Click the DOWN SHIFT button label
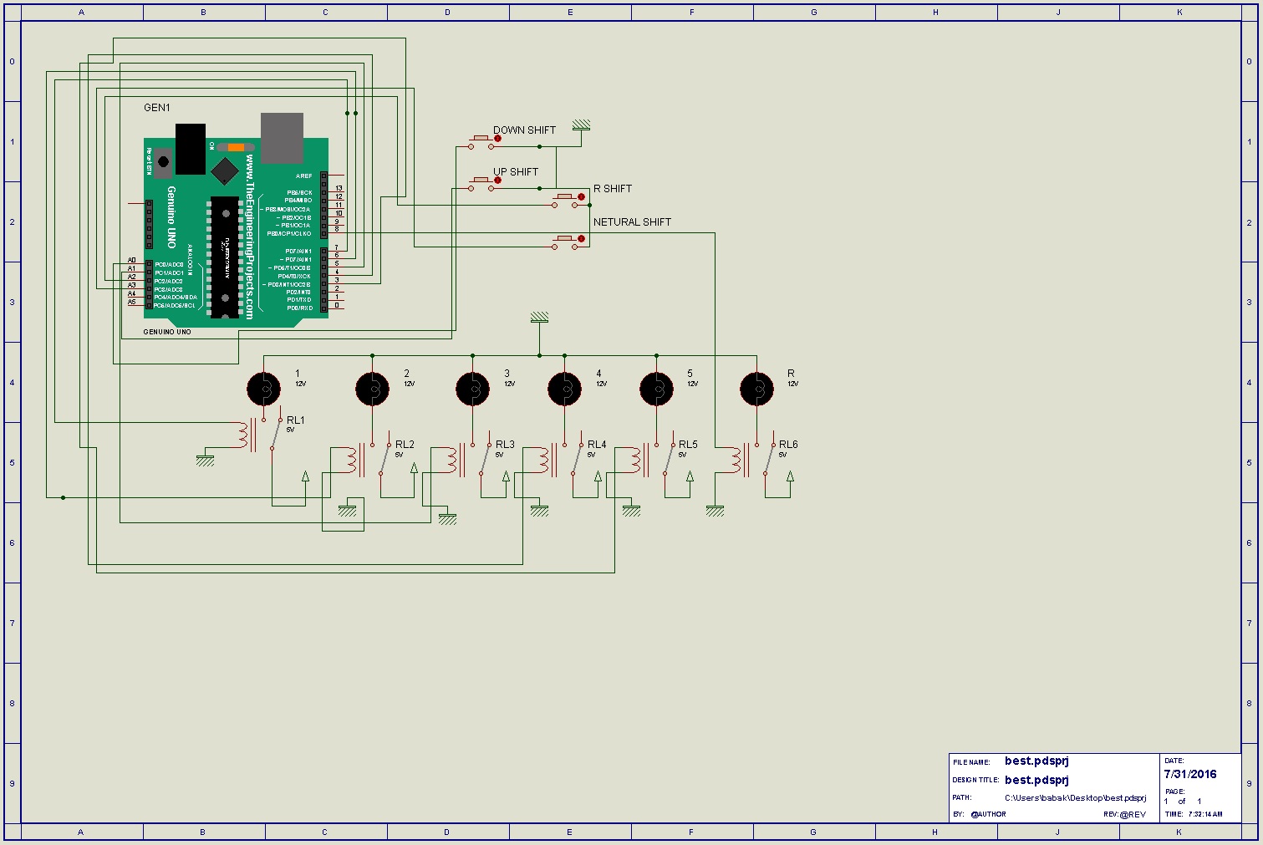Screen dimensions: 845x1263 [524, 130]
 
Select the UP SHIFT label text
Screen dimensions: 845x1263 [516, 172]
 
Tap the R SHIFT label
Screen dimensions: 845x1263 [613, 189]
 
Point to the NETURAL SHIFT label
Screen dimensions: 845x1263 [632, 222]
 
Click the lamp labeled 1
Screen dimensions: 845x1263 [263, 389]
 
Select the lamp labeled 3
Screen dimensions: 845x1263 [472, 389]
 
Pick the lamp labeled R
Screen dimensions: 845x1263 [756, 389]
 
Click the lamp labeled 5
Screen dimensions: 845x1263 [656, 389]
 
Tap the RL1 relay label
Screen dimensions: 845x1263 [296, 420]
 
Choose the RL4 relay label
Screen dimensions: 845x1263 [597, 445]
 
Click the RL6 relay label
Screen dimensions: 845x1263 [788, 445]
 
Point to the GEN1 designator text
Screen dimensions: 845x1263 [157, 108]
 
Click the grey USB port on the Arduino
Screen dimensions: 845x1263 [282, 138]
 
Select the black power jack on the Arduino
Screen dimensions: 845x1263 [191, 149]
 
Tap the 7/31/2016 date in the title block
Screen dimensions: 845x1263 [1190, 774]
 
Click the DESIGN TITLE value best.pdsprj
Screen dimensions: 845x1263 [1036, 780]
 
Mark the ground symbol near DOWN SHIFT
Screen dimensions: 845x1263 [582, 126]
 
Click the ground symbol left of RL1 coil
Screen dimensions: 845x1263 [205, 460]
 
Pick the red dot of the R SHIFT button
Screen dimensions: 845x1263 [582, 197]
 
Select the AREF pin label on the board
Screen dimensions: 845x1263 [303, 176]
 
